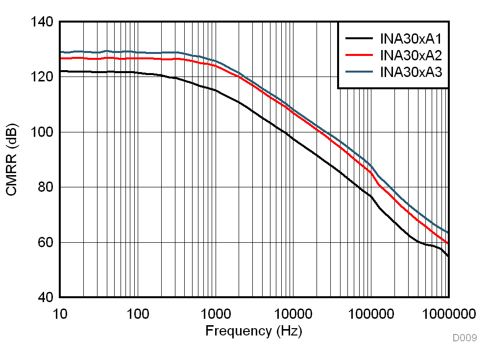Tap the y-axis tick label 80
point(46,187)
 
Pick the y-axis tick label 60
point(46,242)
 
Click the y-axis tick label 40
point(46,298)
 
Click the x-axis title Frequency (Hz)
point(254,331)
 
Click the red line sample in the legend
point(360,55)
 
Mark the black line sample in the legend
point(360,37)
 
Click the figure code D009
point(464,338)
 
